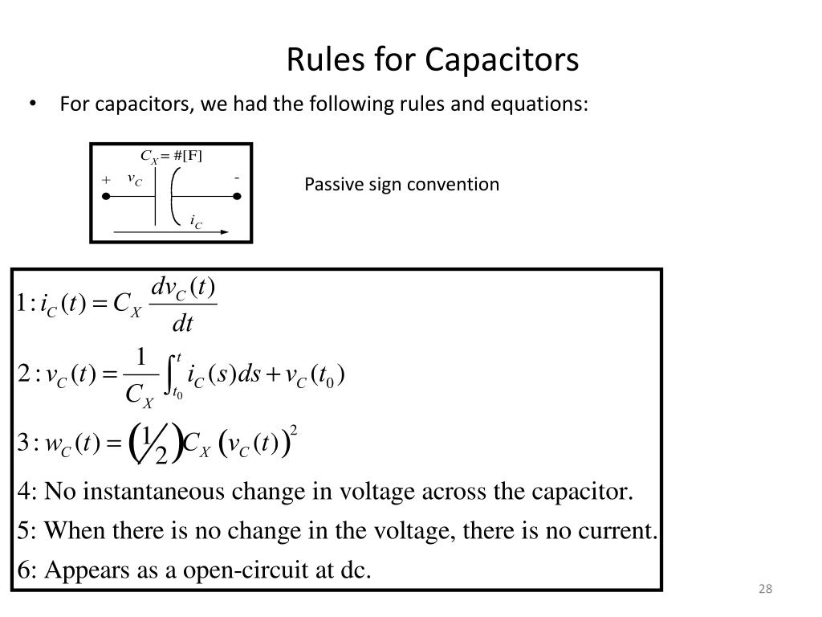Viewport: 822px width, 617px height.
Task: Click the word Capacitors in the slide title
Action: coord(502,60)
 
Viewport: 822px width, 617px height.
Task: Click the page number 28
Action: coord(764,590)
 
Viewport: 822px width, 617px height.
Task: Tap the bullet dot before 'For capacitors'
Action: coord(34,104)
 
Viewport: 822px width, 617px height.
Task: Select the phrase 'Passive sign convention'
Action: coord(401,185)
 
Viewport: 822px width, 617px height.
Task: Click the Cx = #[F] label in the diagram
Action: coord(171,155)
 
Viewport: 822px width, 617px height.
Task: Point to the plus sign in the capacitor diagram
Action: coord(105,180)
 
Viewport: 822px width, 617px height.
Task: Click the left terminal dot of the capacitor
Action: coord(105,195)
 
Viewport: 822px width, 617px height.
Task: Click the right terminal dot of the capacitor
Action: coord(238,195)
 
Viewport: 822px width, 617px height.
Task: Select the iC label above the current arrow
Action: coord(195,220)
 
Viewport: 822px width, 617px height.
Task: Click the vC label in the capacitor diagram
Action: coord(134,179)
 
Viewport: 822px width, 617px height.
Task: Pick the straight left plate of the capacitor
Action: coord(155,195)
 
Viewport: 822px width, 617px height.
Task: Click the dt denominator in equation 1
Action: coord(183,324)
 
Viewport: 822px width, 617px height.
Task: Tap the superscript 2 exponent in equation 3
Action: coord(295,431)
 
